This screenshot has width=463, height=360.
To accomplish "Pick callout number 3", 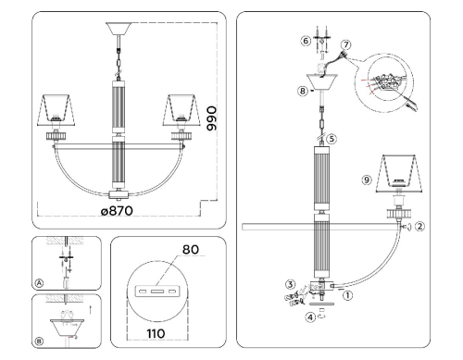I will (289, 285).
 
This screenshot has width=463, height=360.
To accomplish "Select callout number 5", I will (331, 139).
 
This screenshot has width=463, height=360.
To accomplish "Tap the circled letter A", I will (39, 282).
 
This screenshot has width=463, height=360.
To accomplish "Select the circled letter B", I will (39, 340).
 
